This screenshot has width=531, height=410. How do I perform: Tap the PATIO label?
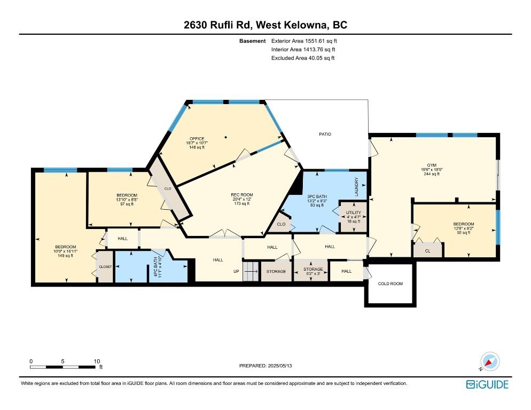tap(325, 134)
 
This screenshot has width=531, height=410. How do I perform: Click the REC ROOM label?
tap(241, 195)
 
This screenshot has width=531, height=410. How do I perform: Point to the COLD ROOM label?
tap(390, 283)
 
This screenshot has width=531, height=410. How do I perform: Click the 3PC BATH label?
tap(317, 196)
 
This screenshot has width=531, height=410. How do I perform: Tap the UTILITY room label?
tap(353, 212)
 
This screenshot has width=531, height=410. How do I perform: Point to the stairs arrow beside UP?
tap(249, 271)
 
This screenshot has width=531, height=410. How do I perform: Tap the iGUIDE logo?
tap(487, 384)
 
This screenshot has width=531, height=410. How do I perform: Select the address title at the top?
tap(265, 25)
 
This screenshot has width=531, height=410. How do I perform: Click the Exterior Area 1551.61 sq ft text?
tap(304, 41)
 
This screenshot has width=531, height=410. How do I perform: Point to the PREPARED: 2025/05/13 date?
tap(265, 366)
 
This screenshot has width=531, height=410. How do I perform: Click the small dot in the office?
tap(226, 138)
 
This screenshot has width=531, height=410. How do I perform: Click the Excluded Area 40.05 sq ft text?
tap(303, 58)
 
